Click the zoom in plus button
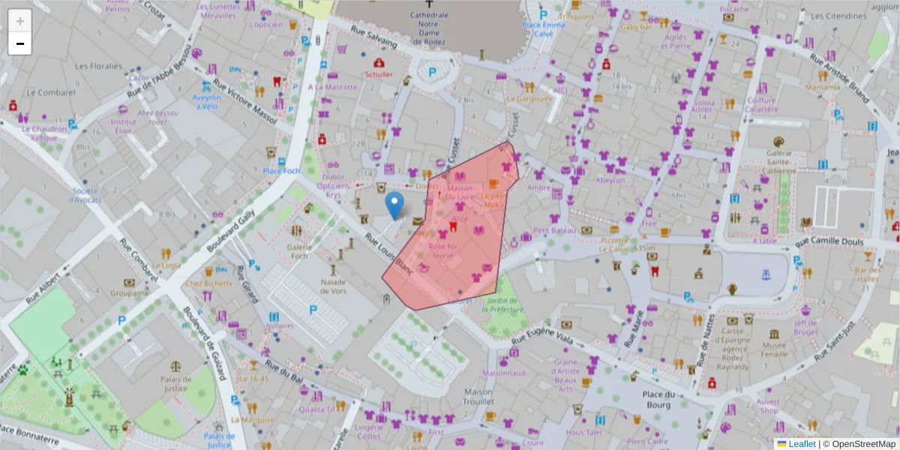coord(20,21)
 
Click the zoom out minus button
coord(20,43)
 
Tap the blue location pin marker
coord(394,205)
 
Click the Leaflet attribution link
coord(801,444)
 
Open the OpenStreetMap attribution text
coord(863,444)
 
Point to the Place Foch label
coord(281,171)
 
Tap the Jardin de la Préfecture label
coord(502,304)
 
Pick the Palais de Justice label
coord(176,383)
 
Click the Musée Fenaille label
coord(774,349)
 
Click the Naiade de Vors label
coord(333,286)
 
